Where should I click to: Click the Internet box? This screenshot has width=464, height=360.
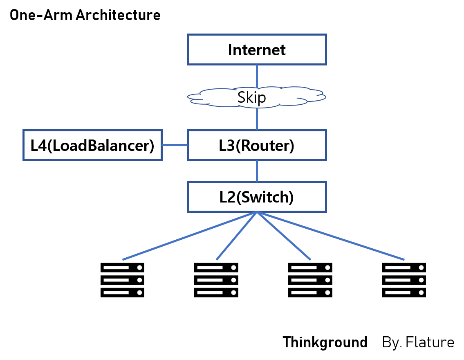click(257, 49)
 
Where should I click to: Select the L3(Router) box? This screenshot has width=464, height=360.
click(257, 145)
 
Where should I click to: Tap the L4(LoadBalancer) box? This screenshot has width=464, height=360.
click(92, 145)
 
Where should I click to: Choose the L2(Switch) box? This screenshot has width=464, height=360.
click(257, 197)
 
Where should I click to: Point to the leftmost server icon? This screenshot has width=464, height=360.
click(123, 280)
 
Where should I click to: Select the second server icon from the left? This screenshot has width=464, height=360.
click(216, 280)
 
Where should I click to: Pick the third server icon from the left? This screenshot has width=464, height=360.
click(310, 280)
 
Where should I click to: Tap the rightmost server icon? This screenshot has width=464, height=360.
click(404, 280)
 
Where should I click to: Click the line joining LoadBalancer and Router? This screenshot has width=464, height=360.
click(175, 145)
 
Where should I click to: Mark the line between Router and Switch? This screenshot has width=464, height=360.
click(257, 171)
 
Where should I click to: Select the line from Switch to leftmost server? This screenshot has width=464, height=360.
click(188, 236)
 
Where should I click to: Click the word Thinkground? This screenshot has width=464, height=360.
click(325, 342)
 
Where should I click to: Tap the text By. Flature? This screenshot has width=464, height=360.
click(418, 342)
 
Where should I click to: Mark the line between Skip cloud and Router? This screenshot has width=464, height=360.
click(257, 119)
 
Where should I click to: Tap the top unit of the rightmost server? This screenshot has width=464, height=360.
click(404, 268)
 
